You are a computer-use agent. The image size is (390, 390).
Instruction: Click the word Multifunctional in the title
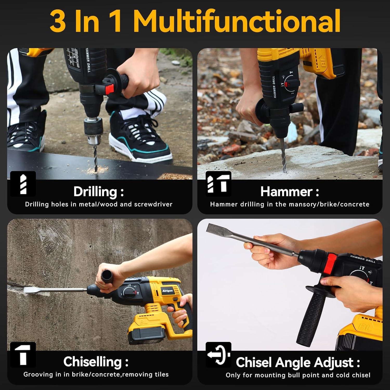[237, 21]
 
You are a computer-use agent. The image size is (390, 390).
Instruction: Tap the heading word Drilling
[95, 192]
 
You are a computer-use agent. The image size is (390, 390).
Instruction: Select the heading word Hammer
[286, 192]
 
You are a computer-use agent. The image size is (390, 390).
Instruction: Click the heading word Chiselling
[92, 362]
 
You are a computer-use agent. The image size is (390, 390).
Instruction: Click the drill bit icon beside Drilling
[23, 184]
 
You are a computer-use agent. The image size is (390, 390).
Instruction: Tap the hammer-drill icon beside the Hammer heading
[218, 184]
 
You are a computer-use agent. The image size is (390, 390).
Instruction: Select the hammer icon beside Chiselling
[23, 354]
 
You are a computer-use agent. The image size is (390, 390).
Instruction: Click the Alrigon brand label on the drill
[167, 291]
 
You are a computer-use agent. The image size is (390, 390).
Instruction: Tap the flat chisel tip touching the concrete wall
[31, 290]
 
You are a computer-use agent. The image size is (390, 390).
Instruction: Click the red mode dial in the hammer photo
[288, 84]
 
